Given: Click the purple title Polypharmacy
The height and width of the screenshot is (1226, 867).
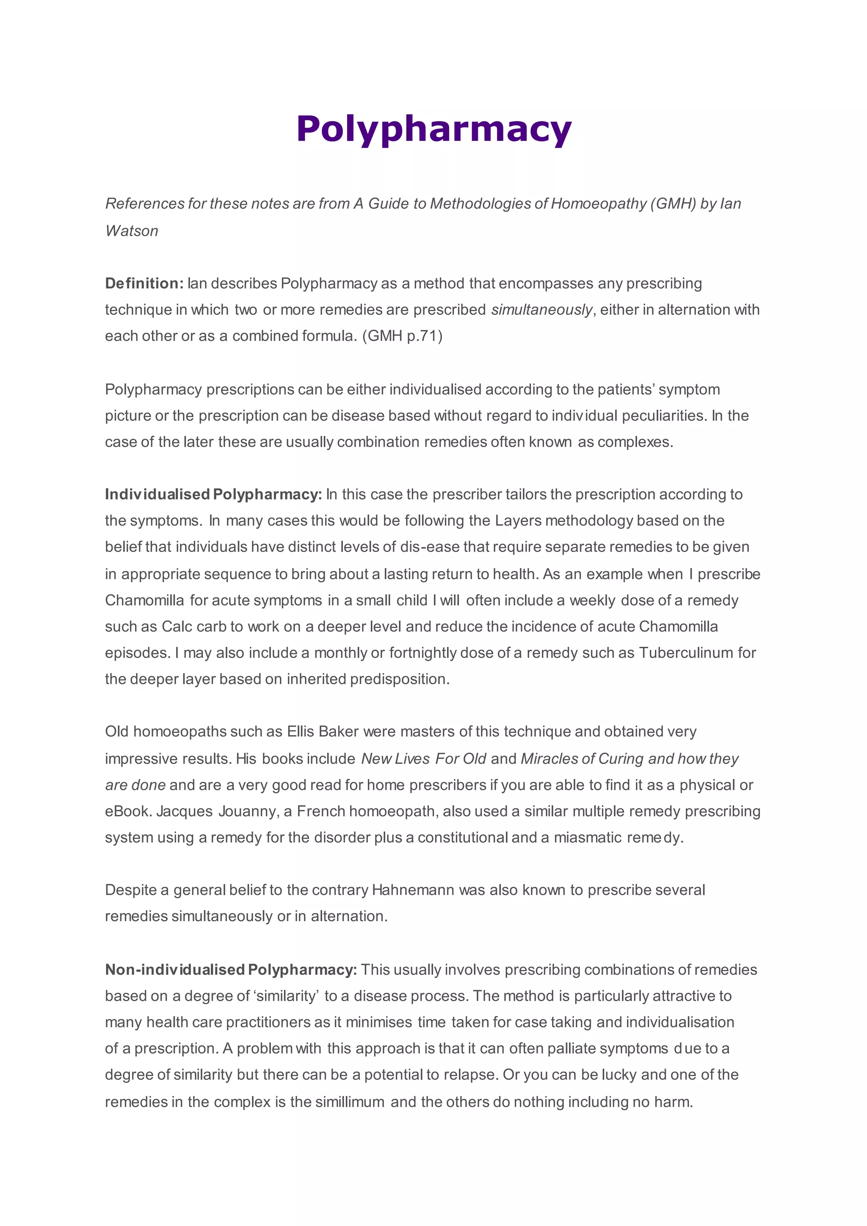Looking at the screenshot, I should [x=433, y=130].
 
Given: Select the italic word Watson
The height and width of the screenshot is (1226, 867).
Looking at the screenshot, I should [x=131, y=231].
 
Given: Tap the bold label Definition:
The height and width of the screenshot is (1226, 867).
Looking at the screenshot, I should [x=144, y=283].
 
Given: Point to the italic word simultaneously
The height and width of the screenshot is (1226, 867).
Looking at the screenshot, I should [x=541, y=310].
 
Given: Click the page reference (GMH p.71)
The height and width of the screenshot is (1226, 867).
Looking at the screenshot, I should [x=403, y=336].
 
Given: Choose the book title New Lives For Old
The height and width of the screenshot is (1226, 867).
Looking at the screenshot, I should [x=423, y=759].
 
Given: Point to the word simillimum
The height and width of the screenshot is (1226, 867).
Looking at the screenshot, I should [x=350, y=1102].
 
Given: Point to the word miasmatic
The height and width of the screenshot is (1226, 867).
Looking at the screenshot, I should [x=587, y=837].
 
